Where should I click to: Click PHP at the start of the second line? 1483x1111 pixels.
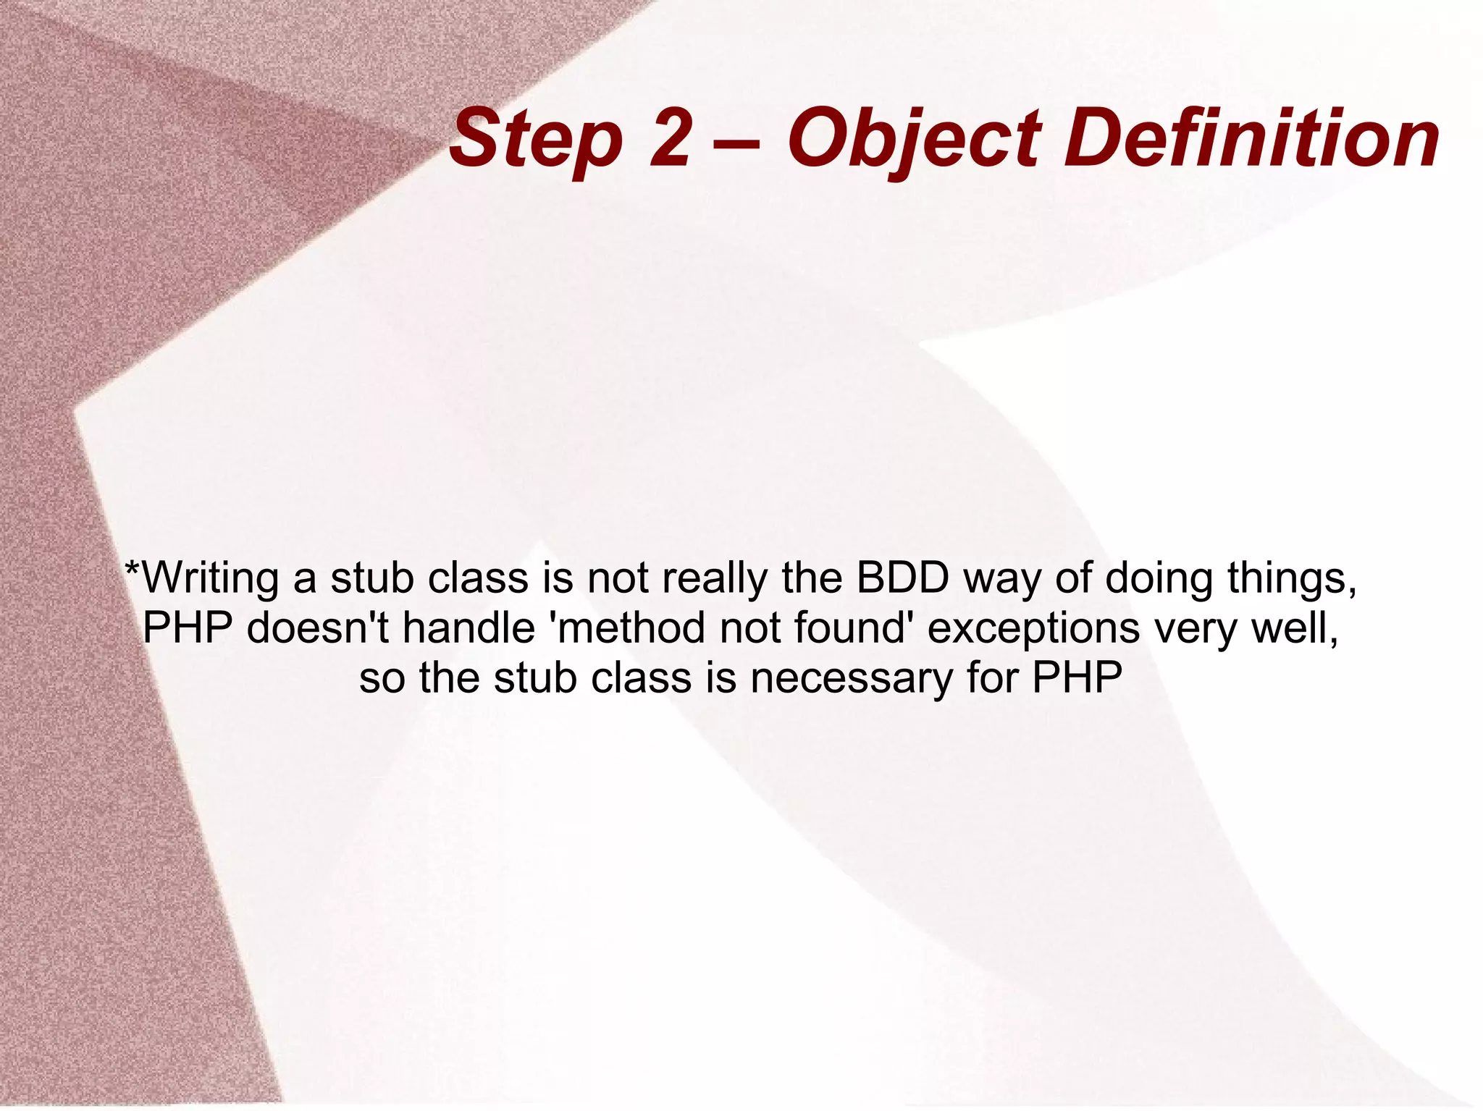(x=188, y=628)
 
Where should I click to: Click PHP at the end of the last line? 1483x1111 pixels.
(x=1077, y=677)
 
